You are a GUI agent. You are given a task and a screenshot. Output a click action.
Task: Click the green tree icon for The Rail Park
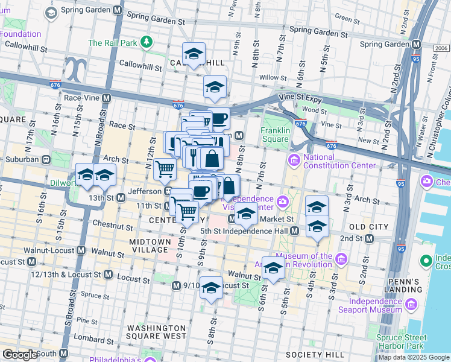[146, 42]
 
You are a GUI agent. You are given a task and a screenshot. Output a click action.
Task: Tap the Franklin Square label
[275, 133]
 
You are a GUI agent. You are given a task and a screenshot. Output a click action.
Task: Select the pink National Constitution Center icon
[294, 160]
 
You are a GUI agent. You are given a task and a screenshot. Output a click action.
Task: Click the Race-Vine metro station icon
[107, 97]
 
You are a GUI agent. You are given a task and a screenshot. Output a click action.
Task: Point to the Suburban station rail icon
[45, 159]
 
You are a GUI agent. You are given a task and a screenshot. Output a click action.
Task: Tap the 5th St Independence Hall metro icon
[295, 230]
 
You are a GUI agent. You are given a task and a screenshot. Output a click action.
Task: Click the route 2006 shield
[441, 49]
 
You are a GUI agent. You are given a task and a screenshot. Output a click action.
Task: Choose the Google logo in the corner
[20, 355]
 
